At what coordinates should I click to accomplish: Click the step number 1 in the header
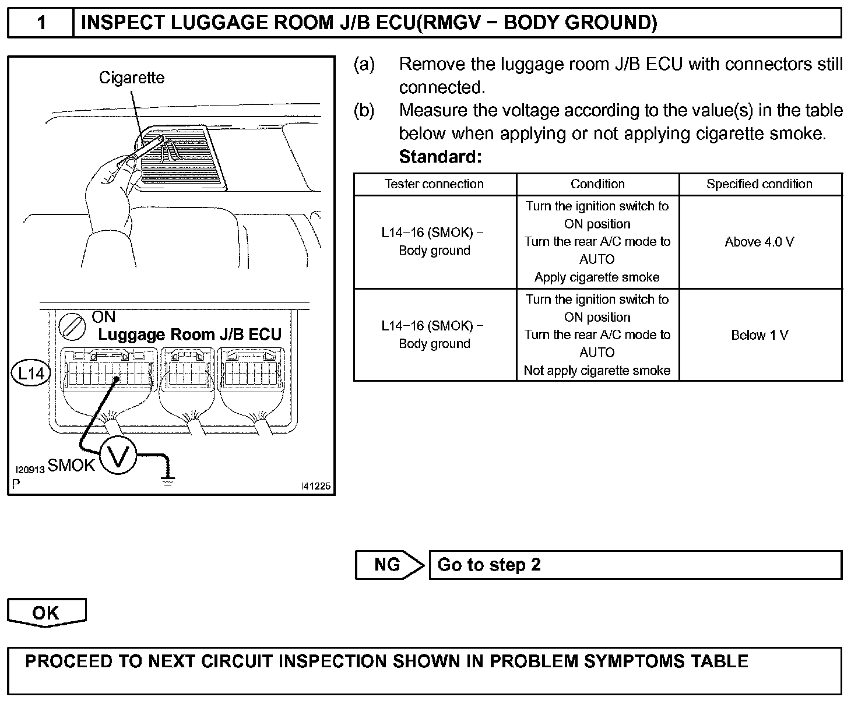pyautogui.click(x=41, y=23)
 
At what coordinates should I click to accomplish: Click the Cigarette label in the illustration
pyautogui.click(x=132, y=78)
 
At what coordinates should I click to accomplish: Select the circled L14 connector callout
pyautogui.click(x=31, y=373)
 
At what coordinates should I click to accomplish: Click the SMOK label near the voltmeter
pyautogui.click(x=71, y=465)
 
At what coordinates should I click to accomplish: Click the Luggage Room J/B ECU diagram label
pyautogui.click(x=189, y=335)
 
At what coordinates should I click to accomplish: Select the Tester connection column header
pyautogui.click(x=434, y=184)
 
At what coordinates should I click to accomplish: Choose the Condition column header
pyautogui.click(x=597, y=184)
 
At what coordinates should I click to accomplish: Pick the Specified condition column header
pyautogui.click(x=759, y=184)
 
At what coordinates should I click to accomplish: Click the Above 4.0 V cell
pyautogui.click(x=759, y=242)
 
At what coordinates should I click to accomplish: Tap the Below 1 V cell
pyautogui.click(x=759, y=335)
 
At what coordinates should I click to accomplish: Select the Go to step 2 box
pyautogui.click(x=635, y=565)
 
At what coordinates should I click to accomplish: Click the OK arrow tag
pyautogui.click(x=46, y=613)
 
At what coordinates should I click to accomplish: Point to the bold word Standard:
pyautogui.click(x=440, y=157)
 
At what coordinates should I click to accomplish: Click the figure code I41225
pyautogui.click(x=315, y=486)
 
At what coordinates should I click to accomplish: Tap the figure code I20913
pyautogui.click(x=30, y=470)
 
